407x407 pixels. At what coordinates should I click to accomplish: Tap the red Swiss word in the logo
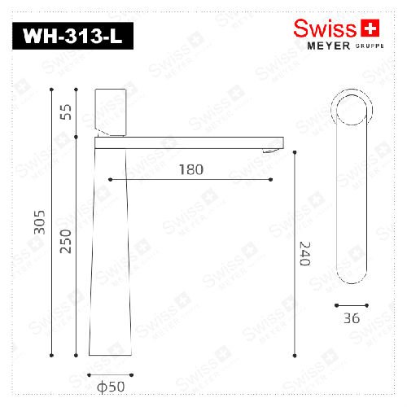click(325, 28)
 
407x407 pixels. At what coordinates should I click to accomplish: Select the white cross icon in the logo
click(370, 28)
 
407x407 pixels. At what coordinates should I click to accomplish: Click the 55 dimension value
click(67, 112)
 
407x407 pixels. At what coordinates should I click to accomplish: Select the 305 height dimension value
click(39, 222)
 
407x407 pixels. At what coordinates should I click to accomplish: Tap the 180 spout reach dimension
click(190, 169)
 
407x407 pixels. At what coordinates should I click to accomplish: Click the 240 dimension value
click(305, 254)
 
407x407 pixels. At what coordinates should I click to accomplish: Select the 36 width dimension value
click(352, 318)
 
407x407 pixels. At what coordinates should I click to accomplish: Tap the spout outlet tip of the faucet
click(272, 149)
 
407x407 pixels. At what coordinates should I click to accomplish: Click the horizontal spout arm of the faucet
click(187, 142)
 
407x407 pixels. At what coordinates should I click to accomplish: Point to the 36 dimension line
click(352, 305)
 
